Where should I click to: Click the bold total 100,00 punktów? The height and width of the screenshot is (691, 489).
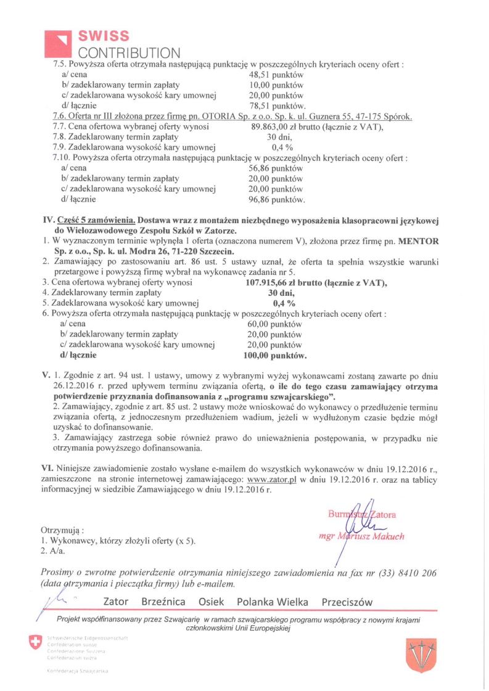276,356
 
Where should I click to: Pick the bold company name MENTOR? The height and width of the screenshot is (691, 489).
420,240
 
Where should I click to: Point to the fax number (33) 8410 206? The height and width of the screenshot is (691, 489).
406,573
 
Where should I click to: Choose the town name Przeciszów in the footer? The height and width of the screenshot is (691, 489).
347,602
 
